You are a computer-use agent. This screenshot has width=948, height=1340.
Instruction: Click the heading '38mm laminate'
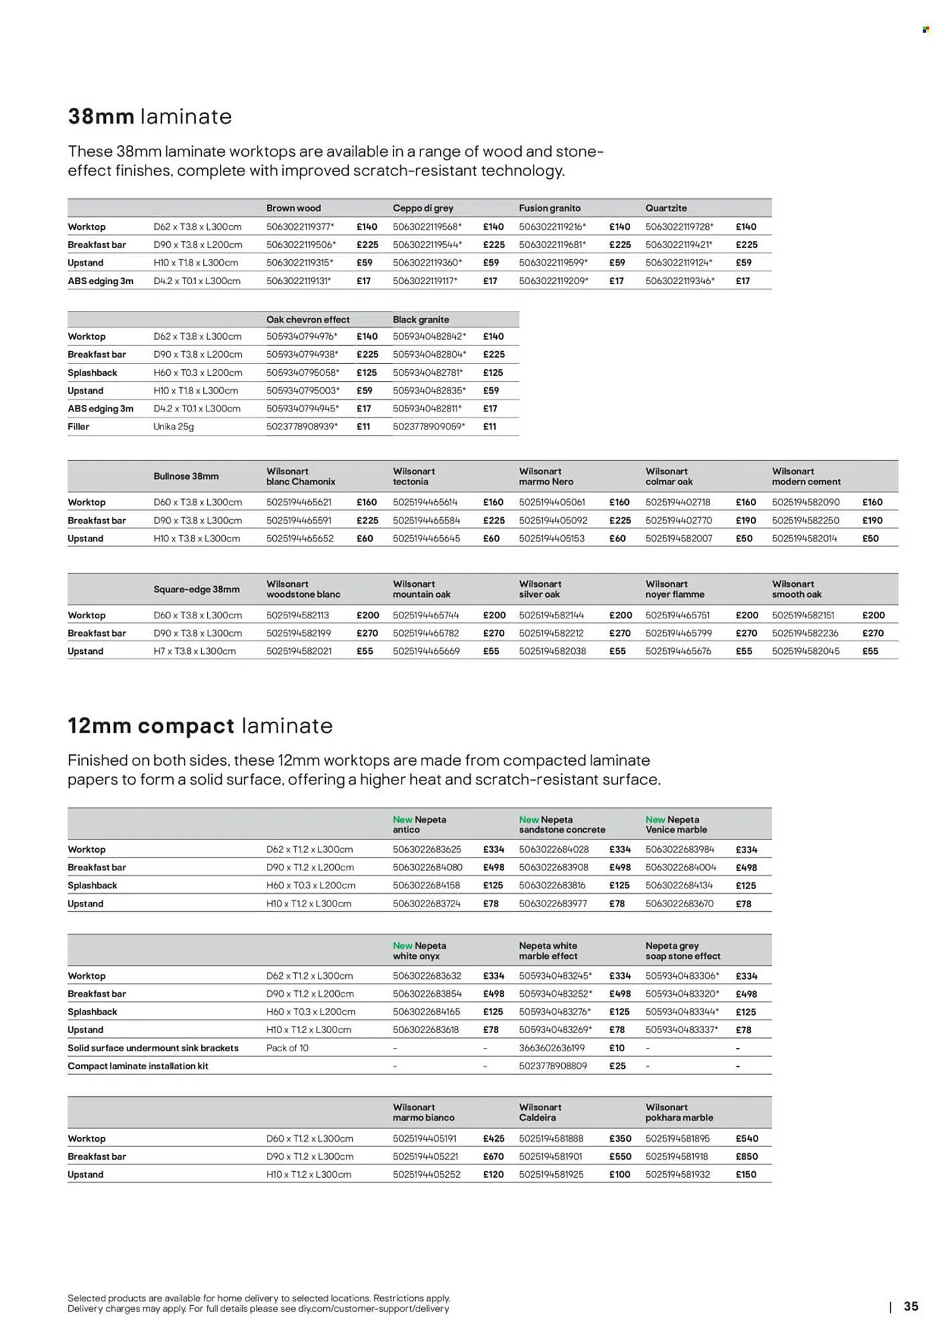click(150, 117)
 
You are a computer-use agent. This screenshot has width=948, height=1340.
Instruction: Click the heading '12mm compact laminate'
click(200, 726)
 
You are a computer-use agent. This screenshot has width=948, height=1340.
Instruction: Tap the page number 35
click(910, 1306)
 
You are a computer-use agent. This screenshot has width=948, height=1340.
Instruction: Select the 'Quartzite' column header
click(666, 208)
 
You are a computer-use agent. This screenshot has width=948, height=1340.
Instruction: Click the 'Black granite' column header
click(420, 320)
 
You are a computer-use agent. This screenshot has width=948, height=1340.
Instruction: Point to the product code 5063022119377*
click(300, 226)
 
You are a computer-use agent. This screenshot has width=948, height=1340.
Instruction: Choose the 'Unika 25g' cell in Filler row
click(174, 427)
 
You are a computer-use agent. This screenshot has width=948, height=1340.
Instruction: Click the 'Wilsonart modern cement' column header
click(805, 476)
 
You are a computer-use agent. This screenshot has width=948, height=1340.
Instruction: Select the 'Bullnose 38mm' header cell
click(186, 476)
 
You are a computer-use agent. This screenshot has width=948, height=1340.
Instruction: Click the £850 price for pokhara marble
click(746, 1156)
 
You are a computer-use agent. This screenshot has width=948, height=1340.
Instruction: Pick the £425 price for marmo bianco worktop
click(493, 1138)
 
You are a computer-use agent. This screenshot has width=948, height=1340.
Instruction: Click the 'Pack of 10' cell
click(287, 1048)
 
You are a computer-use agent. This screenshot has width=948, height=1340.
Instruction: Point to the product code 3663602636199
click(551, 1048)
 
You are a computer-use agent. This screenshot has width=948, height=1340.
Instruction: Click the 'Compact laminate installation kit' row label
click(137, 1066)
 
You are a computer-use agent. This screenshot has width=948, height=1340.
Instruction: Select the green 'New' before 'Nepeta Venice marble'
click(654, 819)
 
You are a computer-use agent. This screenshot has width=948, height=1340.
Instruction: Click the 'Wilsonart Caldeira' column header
click(540, 1112)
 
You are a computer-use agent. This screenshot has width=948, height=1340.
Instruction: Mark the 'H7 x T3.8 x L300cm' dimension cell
click(194, 651)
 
